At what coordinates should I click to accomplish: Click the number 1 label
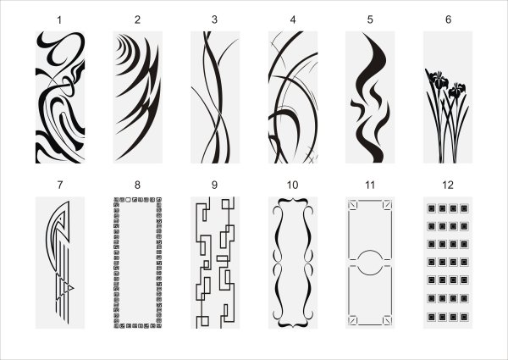[59, 20]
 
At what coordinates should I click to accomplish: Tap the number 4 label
[293, 19]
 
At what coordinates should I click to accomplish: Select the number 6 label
[448, 19]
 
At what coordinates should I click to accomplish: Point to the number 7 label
[59, 185]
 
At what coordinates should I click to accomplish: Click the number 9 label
[214, 185]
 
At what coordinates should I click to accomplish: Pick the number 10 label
[293, 185]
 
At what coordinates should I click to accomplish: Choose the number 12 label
[448, 185]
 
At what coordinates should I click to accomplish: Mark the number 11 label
[370, 185]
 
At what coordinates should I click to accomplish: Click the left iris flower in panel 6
[438, 80]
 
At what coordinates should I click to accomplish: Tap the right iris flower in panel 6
[457, 90]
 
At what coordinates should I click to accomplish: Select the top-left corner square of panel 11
[352, 205]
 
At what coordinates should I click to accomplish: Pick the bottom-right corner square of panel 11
[387, 320]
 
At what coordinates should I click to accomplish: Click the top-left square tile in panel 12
[431, 208]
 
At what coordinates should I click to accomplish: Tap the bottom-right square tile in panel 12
[464, 317]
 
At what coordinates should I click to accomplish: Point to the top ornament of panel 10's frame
[293, 201]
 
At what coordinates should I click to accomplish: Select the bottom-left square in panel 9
[203, 321]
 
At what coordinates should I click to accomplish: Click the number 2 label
[137, 19]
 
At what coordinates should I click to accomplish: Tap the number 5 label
[370, 19]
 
